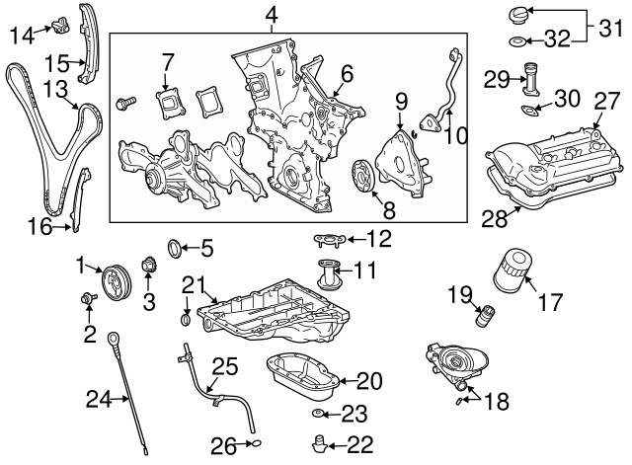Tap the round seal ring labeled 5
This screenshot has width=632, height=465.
click(175, 246)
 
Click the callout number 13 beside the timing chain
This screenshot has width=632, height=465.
click(55, 92)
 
